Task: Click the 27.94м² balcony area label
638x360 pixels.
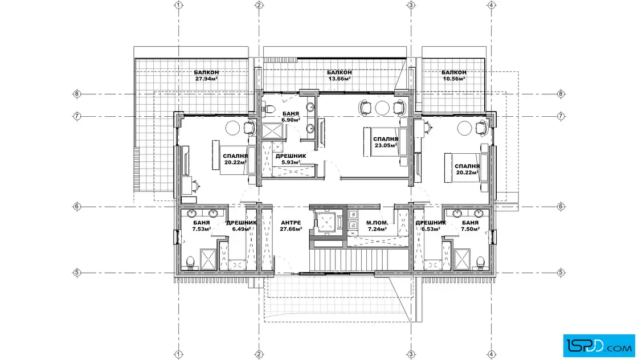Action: [x=206, y=79]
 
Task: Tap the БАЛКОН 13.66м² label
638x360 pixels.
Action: [x=340, y=75]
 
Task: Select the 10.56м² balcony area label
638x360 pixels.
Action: [x=454, y=79]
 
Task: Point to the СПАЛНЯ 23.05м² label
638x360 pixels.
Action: [x=385, y=142]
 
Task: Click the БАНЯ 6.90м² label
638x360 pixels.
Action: [x=291, y=117]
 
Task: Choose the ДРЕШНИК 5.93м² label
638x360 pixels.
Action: [x=291, y=159]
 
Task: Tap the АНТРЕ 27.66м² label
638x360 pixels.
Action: [x=291, y=226]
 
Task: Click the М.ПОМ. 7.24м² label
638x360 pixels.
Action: [x=377, y=226]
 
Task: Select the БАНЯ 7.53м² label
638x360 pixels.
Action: [x=202, y=226]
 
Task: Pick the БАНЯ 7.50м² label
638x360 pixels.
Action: [x=470, y=226]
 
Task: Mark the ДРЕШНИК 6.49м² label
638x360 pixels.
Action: [x=242, y=226]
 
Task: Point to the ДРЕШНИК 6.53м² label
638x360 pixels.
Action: [x=431, y=226]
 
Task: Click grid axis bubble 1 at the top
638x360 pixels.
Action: [x=178, y=5]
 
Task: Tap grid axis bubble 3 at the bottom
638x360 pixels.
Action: [x=411, y=354]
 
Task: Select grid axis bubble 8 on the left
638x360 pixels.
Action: [x=77, y=94]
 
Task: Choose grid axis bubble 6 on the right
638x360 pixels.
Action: [x=561, y=207]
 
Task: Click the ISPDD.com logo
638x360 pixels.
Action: [x=599, y=346]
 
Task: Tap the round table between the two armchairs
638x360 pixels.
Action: [x=382, y=108]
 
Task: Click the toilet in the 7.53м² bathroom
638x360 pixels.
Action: [x=190, y=263]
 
